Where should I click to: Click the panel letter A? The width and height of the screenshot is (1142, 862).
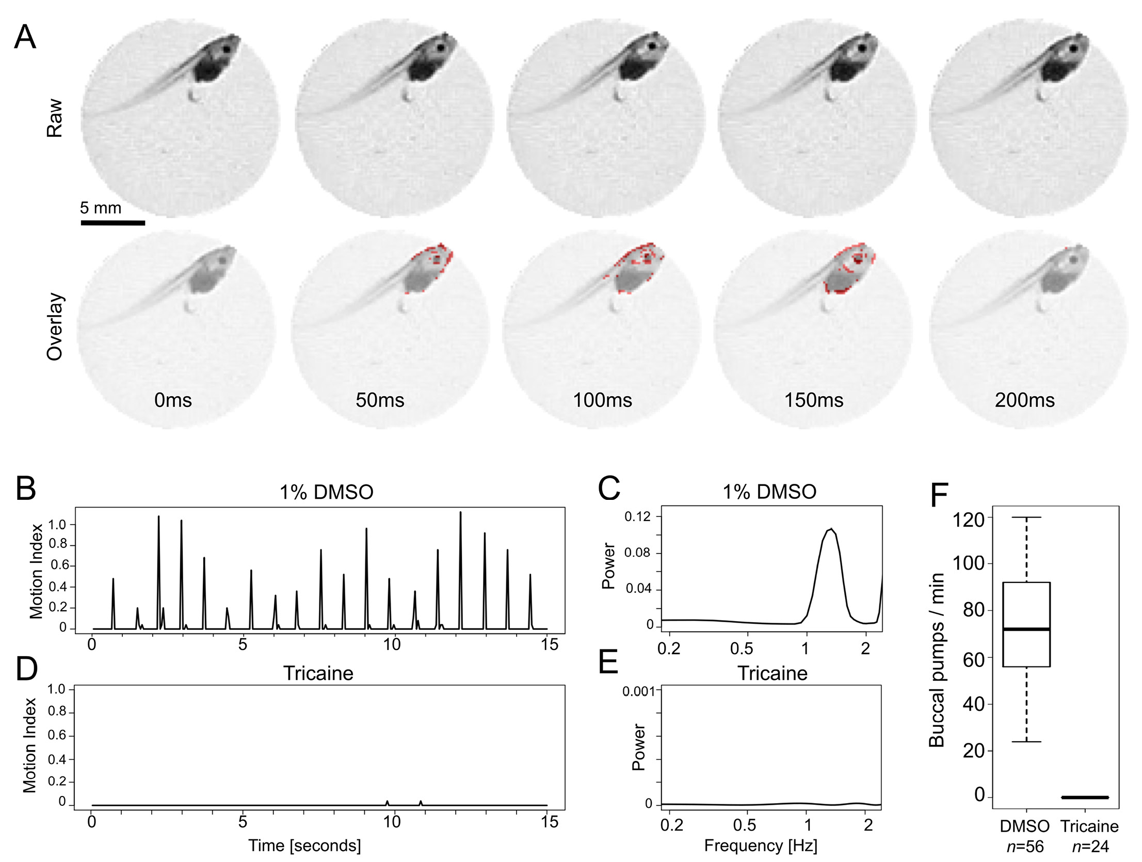click(25, 37)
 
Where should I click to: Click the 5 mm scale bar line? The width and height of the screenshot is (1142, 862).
click(112, 223)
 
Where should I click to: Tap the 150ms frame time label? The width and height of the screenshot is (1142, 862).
click(814, 400)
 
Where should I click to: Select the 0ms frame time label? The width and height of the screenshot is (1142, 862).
click(173, 400)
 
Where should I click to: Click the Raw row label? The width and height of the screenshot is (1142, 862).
click(55, 118)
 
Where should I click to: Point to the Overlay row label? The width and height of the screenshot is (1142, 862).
click(55, 327)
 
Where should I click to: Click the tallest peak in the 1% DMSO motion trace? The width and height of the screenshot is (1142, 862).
click(460, 513)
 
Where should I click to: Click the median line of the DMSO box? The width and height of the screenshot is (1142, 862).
click(1026, 629)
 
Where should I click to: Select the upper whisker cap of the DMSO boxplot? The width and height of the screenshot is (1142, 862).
click(1026, 517)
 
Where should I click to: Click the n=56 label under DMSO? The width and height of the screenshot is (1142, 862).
click(1025, 847)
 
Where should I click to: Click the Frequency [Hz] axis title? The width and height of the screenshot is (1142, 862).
click(761, 845)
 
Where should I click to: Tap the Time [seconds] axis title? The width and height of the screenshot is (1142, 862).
click(304, 845)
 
